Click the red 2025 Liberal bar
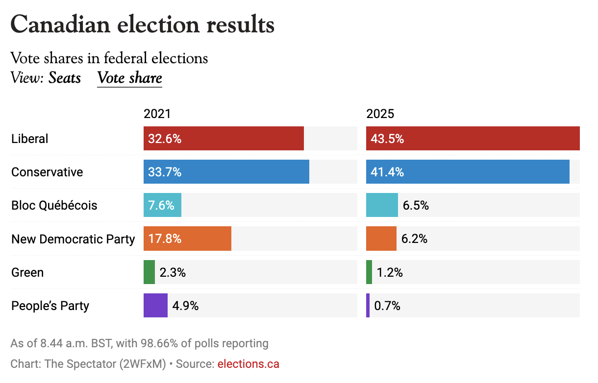[x=473, y=139]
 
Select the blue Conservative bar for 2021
[x=226, y=172]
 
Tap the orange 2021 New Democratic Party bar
[x=187, y=239]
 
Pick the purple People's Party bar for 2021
[x=155, y=306]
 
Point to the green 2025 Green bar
[x=369, y=272]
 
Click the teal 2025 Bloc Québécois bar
[x=382, y=205]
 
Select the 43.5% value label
[x=387, y=139]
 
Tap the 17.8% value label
[x=165, y=239]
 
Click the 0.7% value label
[x=387, y=306]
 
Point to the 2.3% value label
[x=173, y=272]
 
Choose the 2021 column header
[x=157, y=114]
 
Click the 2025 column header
[x=380, y=114]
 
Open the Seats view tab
[x=64, y=78]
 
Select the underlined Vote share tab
[x=129, y=78]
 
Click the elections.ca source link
[x=248, y=364]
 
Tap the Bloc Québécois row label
[x=54, y=205]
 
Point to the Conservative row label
[x=47, y=172]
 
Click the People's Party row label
[x=50, y=306]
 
